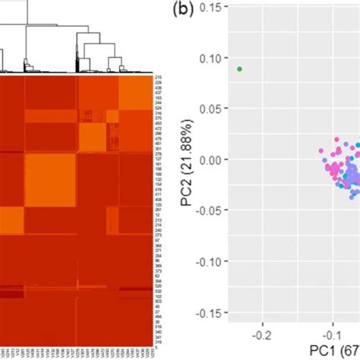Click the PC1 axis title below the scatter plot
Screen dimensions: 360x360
(334, 351)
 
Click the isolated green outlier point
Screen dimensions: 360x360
(239, 69)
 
